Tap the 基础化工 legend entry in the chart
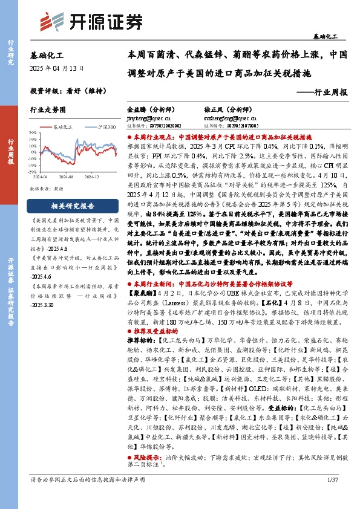[x=61, y=127]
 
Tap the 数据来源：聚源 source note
[x=46, y=189]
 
